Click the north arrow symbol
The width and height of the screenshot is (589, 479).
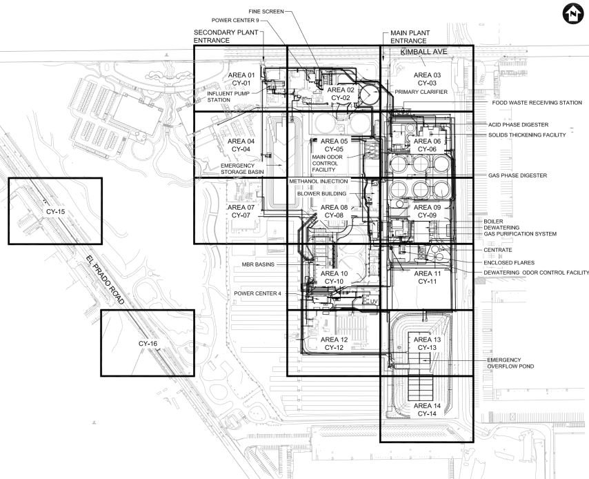[573, 14]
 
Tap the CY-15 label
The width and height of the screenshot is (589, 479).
[56, 212]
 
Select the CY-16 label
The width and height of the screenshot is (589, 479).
[148, 344]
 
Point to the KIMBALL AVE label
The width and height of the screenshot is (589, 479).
[423, 52]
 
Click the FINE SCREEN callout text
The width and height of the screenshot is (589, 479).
[266, 12]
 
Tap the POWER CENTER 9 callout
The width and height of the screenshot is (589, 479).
[235, 20]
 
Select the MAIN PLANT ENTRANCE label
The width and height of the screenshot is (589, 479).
[410, 37]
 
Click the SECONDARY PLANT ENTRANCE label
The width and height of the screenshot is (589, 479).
[226, 37]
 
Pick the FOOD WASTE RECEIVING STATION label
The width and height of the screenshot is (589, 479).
[537, 103]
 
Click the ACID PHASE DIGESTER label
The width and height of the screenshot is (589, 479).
[519, 125]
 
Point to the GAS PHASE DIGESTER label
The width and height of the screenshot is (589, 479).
[518, 175]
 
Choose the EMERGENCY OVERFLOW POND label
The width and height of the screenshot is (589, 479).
[510, 363]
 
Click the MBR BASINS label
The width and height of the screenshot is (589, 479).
[258, 264]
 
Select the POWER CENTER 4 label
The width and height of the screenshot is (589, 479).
[257, 293]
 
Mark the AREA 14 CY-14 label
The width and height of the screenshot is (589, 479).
[427, 410]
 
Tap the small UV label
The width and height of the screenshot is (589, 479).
[374, 302]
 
